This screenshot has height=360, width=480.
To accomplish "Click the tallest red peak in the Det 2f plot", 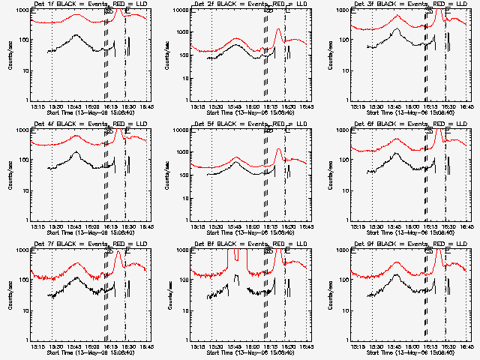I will coord(277,30).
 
